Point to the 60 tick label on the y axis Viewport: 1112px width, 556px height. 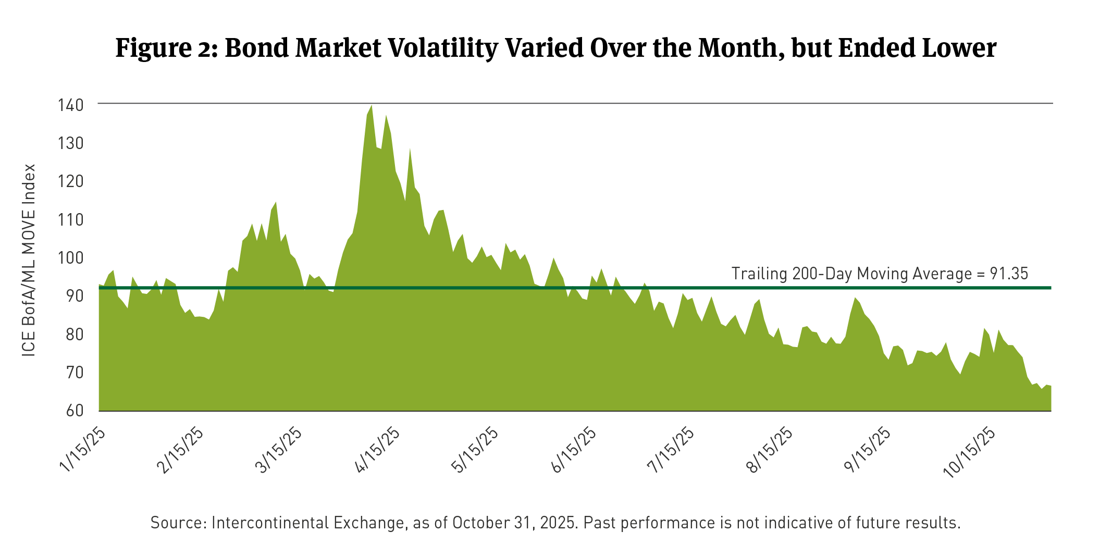pyautogui.click(x=74, y=411)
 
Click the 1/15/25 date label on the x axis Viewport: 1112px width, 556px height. pyautogui.click(x=83, y=450)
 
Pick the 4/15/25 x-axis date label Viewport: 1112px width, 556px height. pyautogui.click(x=377, y=450)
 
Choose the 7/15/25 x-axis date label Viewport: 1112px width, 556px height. pyautogui.click(x=671, y=450)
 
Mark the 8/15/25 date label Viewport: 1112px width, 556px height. pyautogui.click(x=770, y=450)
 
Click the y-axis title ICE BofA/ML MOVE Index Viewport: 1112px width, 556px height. pyautogui.click(x=29, y=260)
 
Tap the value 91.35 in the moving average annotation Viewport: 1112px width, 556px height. pyautogui.click(x=1009, y=274)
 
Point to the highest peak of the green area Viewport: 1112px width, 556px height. pyautogui.click(x=371, y=106)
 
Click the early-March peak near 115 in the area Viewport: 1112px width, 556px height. pyautogui.click(x=276, y=202)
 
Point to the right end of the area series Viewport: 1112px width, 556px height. pyautogui.click(x=1051, y=386)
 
